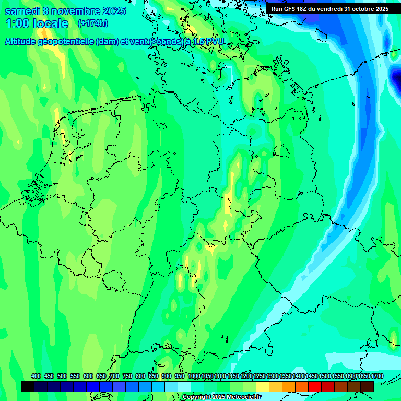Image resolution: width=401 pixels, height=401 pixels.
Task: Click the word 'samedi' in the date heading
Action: tap(22, 11)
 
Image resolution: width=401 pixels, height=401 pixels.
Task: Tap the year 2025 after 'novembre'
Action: tap(111, 11)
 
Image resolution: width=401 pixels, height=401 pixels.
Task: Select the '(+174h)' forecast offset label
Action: tap(92, 23)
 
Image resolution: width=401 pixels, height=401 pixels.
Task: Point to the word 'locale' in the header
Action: tap(51, 23)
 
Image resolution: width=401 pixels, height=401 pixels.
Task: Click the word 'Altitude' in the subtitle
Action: tap(23, 42)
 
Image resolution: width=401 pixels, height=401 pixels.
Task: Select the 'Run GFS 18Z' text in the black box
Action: tap(289, 9)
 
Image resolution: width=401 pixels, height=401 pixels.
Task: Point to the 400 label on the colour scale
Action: tap(36, 376)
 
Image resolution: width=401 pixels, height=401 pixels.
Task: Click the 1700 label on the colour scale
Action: tap(363, 376)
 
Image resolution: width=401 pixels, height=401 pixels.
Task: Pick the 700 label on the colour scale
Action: tap(114, 376)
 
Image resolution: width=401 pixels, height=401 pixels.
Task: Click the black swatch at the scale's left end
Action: tap(28, 386)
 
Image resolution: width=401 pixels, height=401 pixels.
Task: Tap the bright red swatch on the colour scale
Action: tap(314, 386)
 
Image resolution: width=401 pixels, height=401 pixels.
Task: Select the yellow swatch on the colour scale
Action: tap(262, 386)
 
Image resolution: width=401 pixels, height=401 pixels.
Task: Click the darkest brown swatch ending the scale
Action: tap(367, 386)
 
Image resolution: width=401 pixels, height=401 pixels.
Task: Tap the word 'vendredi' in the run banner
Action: tap(328, 9)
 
